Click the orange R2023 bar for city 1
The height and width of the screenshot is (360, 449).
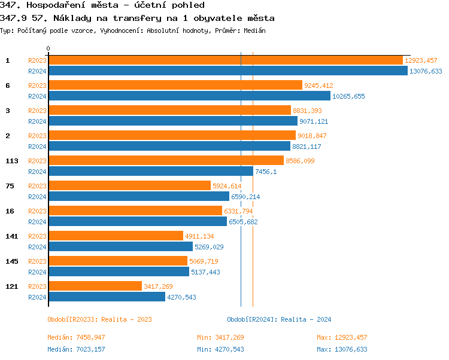[x=225, y=60]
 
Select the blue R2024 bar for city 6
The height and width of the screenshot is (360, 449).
[x=189, y=96]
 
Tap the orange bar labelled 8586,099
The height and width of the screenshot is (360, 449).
[x=165, y=160]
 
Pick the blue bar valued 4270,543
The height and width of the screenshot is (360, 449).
[x=107, y=297]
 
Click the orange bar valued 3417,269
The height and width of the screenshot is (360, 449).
[x=95, y=286]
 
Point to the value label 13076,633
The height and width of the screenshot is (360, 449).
[x=426, y=71]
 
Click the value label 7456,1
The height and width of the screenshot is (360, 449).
[x=266, y=172]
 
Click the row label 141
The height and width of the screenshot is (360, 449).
[x=12, y=236]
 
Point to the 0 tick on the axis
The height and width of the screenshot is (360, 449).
[x=48, y=48]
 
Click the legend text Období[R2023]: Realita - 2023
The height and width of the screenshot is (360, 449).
[x=99, y=319]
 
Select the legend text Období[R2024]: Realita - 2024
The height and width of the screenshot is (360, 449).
[x=279, y=319]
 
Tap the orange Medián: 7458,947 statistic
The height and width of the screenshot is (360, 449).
[x=76, y=337]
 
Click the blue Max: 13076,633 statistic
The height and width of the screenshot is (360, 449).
[x=342, y=349]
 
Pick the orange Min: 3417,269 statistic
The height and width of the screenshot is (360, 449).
[x=220, y=337]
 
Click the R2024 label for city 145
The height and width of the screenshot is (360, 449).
[x=37, y=272]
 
